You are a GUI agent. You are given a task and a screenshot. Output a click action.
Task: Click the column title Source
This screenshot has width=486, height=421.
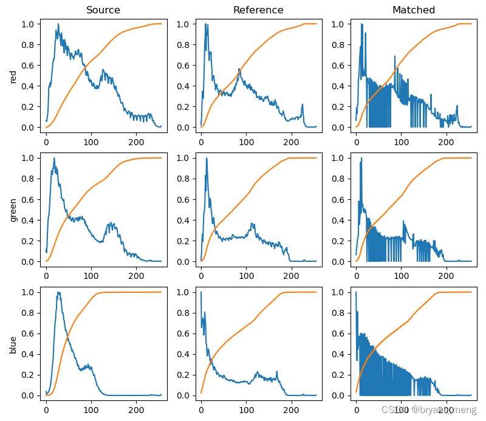[x=103, y=10]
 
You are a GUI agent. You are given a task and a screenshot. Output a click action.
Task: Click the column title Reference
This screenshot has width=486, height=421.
[x=258, y=10]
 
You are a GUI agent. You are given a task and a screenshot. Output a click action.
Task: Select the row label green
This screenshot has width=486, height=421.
[x=13, y=210]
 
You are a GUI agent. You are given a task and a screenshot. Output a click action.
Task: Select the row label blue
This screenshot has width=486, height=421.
[x=13, y=344]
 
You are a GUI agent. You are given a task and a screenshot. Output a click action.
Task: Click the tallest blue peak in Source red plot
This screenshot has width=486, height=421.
[x=58, y=24]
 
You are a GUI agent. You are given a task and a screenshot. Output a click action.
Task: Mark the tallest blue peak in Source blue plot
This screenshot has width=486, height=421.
[x=58, y=292]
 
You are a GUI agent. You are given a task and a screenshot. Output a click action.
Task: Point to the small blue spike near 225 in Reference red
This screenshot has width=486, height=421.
[x=302, y=105]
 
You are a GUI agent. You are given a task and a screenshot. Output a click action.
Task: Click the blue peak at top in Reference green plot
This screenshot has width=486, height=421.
[x=207, y=158]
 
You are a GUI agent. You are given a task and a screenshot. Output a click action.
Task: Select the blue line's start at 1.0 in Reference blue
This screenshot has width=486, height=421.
[x=201, y=293]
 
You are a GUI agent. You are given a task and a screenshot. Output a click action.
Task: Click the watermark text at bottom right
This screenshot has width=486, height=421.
[x=428, y=410]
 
